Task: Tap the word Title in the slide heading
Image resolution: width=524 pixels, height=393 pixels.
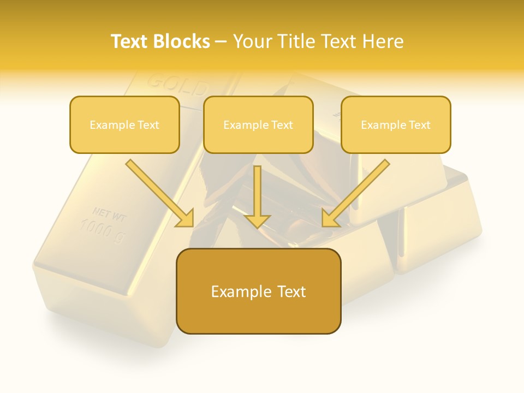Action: (295, 41)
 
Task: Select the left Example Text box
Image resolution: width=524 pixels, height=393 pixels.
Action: (124, 124)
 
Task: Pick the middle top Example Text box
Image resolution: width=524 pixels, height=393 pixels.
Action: (258, 124)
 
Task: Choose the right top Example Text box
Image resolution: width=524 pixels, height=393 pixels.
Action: (396, 124)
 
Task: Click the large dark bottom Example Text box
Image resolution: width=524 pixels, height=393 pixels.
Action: (258, 291)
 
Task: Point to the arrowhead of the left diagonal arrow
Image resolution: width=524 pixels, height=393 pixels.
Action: (186, 219)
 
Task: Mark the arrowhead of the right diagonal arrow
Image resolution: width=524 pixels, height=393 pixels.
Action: (329, 219)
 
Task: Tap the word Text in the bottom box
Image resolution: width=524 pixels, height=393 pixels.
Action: (291, 291)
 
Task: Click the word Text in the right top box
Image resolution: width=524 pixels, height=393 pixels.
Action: (419, 125)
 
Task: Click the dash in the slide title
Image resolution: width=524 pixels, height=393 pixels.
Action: (221, 42)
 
